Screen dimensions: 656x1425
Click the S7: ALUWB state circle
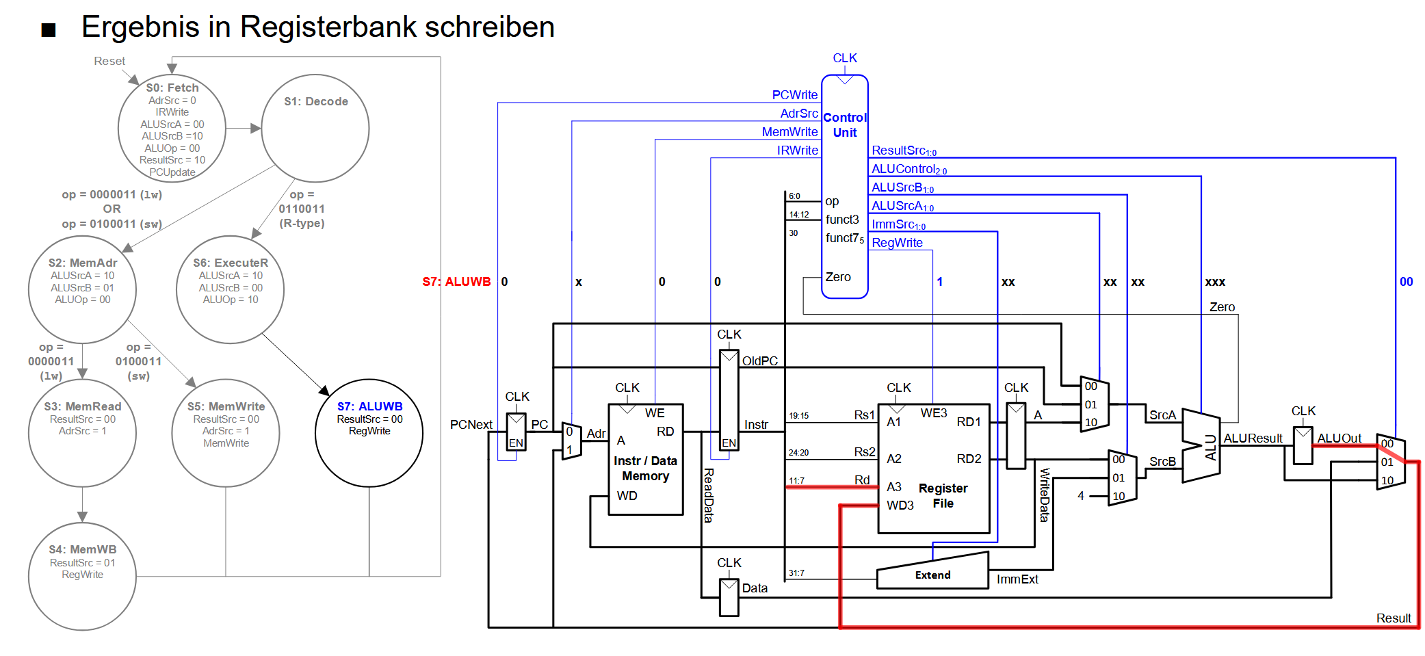pos(369,433)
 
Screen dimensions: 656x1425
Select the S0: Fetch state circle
pos(172,129)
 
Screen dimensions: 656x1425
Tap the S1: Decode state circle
pos(315,129)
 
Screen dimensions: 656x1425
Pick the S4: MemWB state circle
pos(82,576)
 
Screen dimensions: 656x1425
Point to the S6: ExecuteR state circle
pos(230,289)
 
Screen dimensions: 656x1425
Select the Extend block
pos(932,573)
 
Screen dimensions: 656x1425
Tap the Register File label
pos(943,496)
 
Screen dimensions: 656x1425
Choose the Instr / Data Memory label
pos(645,469)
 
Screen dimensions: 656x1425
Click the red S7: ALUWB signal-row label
pos(456,282)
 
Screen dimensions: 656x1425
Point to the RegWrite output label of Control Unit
pos(897,243)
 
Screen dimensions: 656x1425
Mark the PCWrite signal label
pos(794,95)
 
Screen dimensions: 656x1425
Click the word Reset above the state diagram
pos(109,62)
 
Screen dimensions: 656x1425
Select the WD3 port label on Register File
pos(900,506)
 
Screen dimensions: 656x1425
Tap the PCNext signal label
pos(471,425)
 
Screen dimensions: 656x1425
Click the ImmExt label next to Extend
pos(1017,579)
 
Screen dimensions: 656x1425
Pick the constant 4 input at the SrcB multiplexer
pos(1081,496)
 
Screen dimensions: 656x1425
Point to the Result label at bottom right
pos(1394,618)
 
